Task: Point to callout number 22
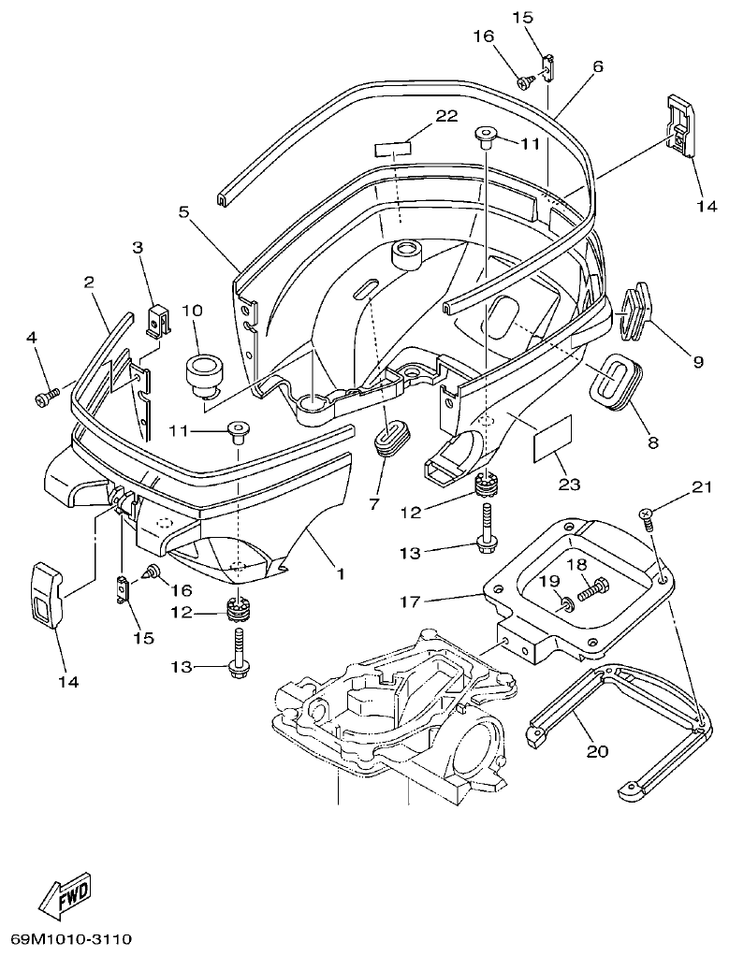click(x=445, y=116)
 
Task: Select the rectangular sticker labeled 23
click(x=547, y=440)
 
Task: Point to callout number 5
click(x=184, y=211)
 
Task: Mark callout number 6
click(x=597, y=66)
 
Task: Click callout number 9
click(x=695, y=358)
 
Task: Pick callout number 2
click(x=89, y=282)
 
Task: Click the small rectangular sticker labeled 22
click(x=393, y=150)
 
